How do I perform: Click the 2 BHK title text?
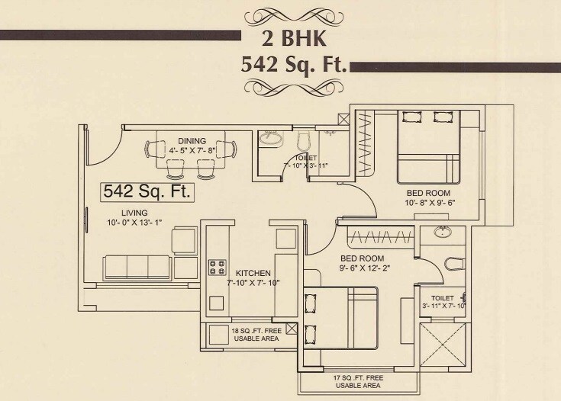coord(294,36)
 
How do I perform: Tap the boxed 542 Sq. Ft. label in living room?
coord(147,191)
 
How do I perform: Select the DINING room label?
coord(192,141)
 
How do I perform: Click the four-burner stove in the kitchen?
coord(218,267)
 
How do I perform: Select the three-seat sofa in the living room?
coord(137,267)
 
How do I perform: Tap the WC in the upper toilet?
coord(302,140)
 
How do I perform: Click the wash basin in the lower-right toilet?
coord(440,233)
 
